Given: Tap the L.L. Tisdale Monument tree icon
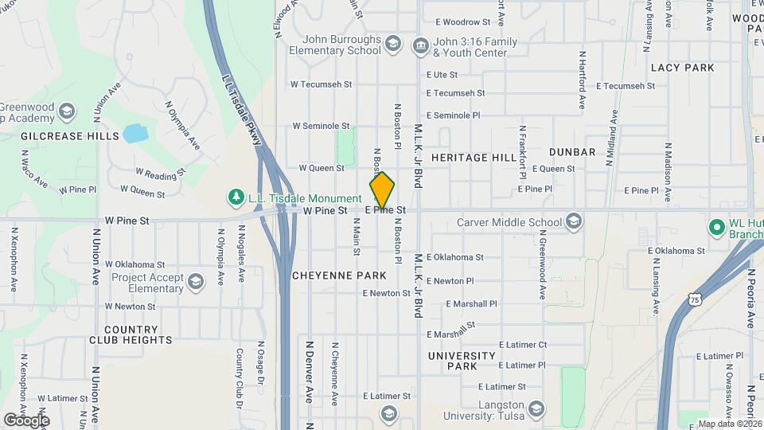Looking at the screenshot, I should [236, 197].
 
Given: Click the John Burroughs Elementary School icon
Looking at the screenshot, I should [392, 43].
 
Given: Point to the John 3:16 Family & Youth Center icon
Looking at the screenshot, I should [419, 45].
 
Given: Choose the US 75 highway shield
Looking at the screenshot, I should [697, 300].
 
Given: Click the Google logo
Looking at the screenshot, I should [26, 420].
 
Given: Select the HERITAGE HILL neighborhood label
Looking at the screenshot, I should [474, 158].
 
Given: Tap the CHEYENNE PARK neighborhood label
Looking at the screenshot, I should [338, 276].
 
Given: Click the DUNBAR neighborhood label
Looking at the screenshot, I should [572, 152].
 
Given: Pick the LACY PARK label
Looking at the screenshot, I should [682, 68].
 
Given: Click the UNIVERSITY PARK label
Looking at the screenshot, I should [450, 361].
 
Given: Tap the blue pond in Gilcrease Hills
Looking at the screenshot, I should [134, 132].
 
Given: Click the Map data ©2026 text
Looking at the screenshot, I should [730, 424].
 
